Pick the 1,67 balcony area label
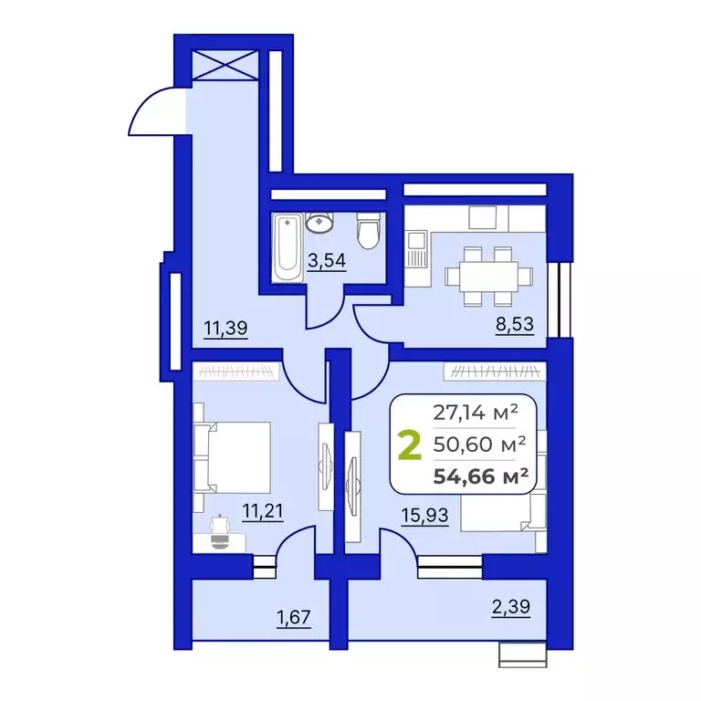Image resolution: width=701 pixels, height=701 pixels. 294,618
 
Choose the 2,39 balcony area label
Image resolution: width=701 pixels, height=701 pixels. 510,605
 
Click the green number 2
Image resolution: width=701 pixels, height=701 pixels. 411,446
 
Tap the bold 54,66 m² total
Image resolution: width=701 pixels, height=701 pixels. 484,474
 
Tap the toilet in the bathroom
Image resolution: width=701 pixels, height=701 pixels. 368,231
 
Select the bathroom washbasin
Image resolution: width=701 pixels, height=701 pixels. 321,222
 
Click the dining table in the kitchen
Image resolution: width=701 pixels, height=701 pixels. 481,273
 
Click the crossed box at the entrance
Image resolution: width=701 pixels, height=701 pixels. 221,68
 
